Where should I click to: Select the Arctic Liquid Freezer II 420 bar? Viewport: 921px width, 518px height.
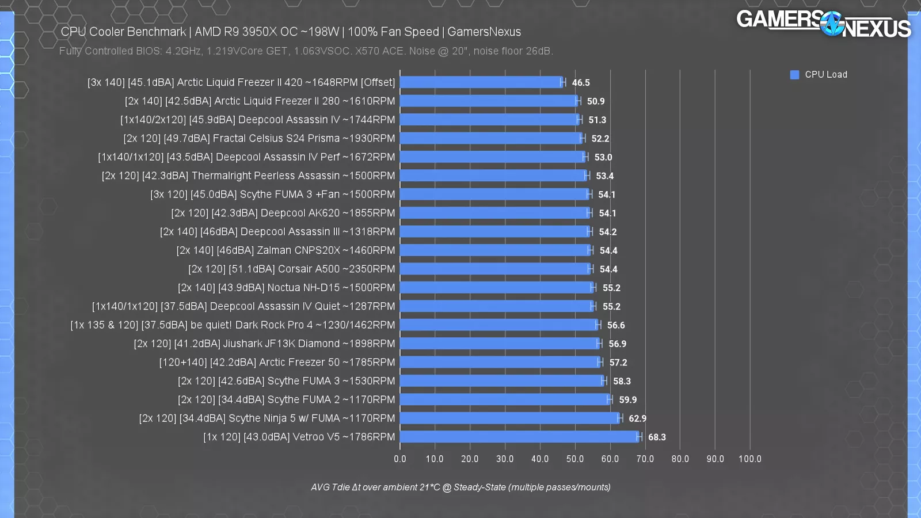[481, 82]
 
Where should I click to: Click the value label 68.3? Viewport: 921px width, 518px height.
[657, 437]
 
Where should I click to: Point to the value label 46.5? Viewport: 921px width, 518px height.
[581, 83]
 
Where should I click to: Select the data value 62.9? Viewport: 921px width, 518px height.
[637, 418]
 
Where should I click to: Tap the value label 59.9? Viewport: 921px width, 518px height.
[628, 400]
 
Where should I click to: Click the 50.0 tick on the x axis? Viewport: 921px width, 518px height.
[575, 459]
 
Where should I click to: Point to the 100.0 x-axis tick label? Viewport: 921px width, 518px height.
[749, 459]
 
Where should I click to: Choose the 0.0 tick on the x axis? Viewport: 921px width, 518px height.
[400, 459]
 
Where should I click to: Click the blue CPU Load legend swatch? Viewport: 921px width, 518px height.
[795, 75]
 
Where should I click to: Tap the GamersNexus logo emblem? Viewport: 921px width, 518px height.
[832, 24]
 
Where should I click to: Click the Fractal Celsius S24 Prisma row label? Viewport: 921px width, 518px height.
[259, 138]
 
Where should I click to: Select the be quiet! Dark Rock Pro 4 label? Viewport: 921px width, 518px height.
[233, 325]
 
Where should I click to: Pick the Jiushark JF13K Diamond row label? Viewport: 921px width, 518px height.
[264, 344]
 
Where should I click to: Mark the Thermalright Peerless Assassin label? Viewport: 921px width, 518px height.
[248, 176]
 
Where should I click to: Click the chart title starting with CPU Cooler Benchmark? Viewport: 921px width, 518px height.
[291, 32]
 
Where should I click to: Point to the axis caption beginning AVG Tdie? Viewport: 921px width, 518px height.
[461, 487]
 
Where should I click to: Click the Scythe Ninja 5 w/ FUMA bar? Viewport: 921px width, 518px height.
[510, 418]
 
